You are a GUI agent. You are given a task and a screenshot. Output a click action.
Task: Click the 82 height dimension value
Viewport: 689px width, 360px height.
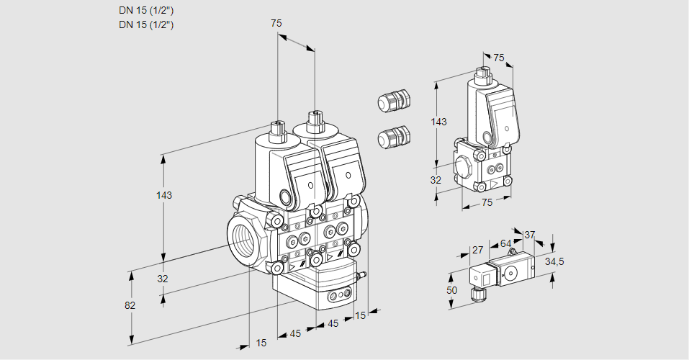coord(130,305)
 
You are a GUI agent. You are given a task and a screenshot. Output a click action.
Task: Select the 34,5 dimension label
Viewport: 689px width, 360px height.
coord(554,261)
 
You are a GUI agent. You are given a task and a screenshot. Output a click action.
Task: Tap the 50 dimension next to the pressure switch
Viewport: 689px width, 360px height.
coord(451,290)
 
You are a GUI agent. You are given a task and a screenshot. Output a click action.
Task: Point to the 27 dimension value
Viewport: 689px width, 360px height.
coord(477,251)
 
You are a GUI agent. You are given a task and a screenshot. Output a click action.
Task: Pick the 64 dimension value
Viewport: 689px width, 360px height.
coord(505,244)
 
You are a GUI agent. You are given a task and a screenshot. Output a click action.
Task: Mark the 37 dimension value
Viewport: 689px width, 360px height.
coord(529,235)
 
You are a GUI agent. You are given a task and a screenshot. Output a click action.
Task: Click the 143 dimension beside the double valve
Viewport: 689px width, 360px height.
coord(165,195)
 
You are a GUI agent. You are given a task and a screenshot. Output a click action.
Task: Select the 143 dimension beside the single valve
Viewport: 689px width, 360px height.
coord(438,122)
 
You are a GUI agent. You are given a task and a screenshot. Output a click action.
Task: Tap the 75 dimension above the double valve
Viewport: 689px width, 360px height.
coord(276,24)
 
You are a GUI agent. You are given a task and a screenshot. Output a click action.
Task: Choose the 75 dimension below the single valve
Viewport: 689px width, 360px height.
coord(487,203)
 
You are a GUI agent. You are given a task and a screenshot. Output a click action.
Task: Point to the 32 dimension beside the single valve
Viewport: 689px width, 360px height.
coord(436,180)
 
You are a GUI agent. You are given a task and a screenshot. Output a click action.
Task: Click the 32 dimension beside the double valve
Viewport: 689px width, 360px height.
coord(163,279)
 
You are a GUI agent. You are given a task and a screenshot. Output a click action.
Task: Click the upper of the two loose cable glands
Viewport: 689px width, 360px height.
coord(394,101)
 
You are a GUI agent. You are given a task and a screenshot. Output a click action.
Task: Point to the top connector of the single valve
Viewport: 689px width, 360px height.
coord(483,73)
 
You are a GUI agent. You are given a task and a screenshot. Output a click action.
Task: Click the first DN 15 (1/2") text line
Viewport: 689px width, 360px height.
coord(147,10)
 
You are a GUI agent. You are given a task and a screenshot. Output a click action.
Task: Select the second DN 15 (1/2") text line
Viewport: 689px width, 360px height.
coord(147,24)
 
